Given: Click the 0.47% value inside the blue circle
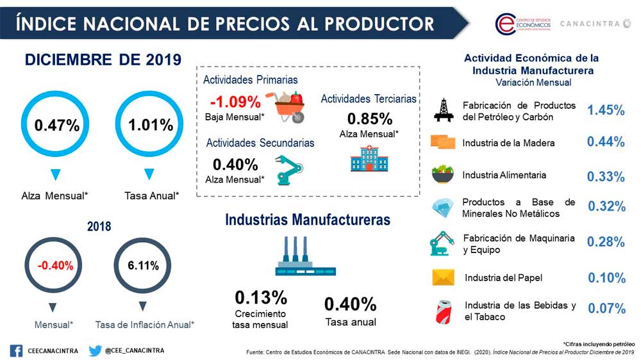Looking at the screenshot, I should pyautogui.click(x=57, y=126).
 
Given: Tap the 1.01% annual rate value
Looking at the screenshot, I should pyautogui.click(x=151, y=125).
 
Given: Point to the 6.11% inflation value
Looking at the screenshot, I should pyautogui.click(x=143, y=265).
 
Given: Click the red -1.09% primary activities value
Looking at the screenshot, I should pyautogui.click(x=235, y=102).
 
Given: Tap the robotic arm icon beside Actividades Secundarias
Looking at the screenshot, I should pyautogui.click(x=289, y=169).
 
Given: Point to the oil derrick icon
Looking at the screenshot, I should pyautogui.click(x=443, y=110).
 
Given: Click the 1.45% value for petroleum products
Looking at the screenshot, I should pyautogui.click(x=606, y=110).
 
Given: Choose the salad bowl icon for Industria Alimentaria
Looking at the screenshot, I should pyautogui.click(x=442, y=174).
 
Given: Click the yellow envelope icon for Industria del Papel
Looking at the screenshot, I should pyautogui.click(x=443, y=277).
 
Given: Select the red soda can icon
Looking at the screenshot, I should pyautogui.click(x=443, y=311).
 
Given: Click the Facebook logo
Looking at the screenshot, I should pyautogui.click(x=16, y=350).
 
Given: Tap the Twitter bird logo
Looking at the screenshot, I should pyautogui.click(x=95, y=350).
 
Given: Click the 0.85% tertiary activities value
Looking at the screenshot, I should pyautogui.click(x=369, y=119).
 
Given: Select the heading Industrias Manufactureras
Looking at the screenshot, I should pyautogui.click(x=308, y=220).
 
